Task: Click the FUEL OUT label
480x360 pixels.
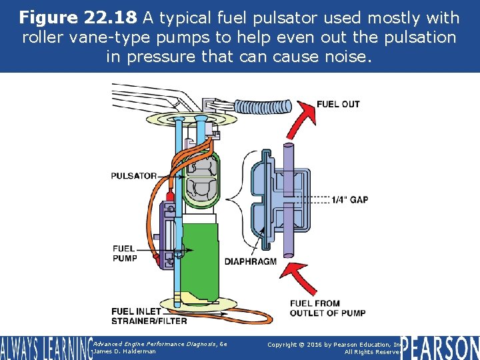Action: point(337,104)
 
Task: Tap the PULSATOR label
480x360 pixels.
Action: point(134,176)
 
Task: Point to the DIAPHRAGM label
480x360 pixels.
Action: point(250,261)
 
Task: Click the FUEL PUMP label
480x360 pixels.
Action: point(125,253)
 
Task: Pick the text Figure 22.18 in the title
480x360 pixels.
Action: point(76,17)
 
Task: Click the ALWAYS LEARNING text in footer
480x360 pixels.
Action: point(45,347)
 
